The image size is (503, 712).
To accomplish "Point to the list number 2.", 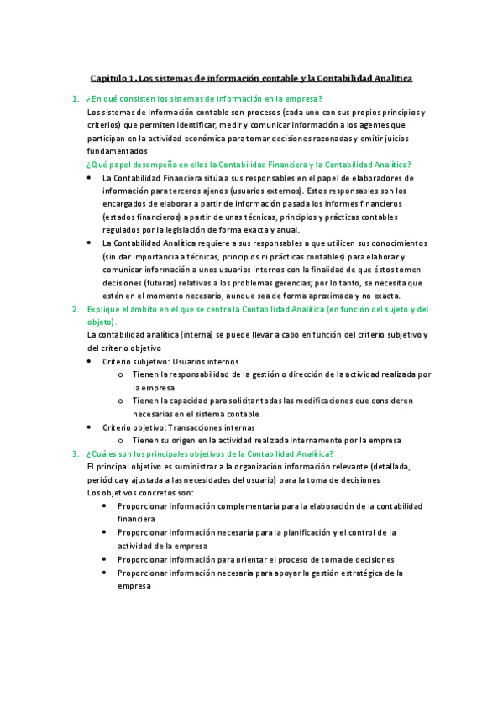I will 76,310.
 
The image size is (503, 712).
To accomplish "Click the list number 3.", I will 76,453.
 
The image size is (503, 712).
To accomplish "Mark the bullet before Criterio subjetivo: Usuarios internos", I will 91,361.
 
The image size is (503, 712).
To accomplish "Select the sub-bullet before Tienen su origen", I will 122,441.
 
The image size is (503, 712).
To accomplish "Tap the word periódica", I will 107,480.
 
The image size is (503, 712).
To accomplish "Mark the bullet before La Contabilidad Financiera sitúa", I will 91,178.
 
